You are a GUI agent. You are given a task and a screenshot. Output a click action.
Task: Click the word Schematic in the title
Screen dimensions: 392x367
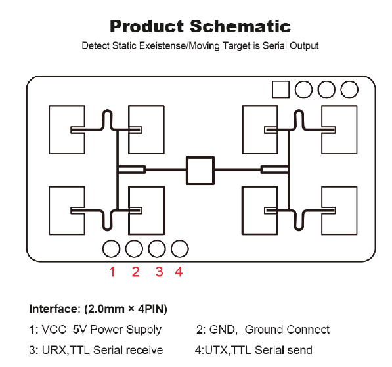pyautogui.click(x=240, y=26)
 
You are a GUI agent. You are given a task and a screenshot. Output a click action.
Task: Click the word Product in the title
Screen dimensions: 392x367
pyautogui.click(x=146, y=26)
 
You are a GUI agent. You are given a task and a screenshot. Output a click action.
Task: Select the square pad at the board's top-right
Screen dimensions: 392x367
pyautogui.click(x=281, y=89)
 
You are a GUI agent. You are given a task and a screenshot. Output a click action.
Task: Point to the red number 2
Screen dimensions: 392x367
pyautogui.click(x=136, y=272)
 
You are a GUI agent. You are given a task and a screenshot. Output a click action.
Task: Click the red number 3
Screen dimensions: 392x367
pyautogui.click(x=160, y=272)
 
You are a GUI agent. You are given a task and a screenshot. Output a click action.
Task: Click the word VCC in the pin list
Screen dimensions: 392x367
pyautogui.click(x=54, y=330)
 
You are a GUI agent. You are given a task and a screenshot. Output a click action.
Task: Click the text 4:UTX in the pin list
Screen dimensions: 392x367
pyautogui.click(x=211, y=350)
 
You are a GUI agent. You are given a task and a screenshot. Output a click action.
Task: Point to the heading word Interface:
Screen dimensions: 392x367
pyautogui.click(x=54, y=309)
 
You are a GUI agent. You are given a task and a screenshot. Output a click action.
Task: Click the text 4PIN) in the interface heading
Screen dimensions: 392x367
pyautogui.click(x=152, y=309)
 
